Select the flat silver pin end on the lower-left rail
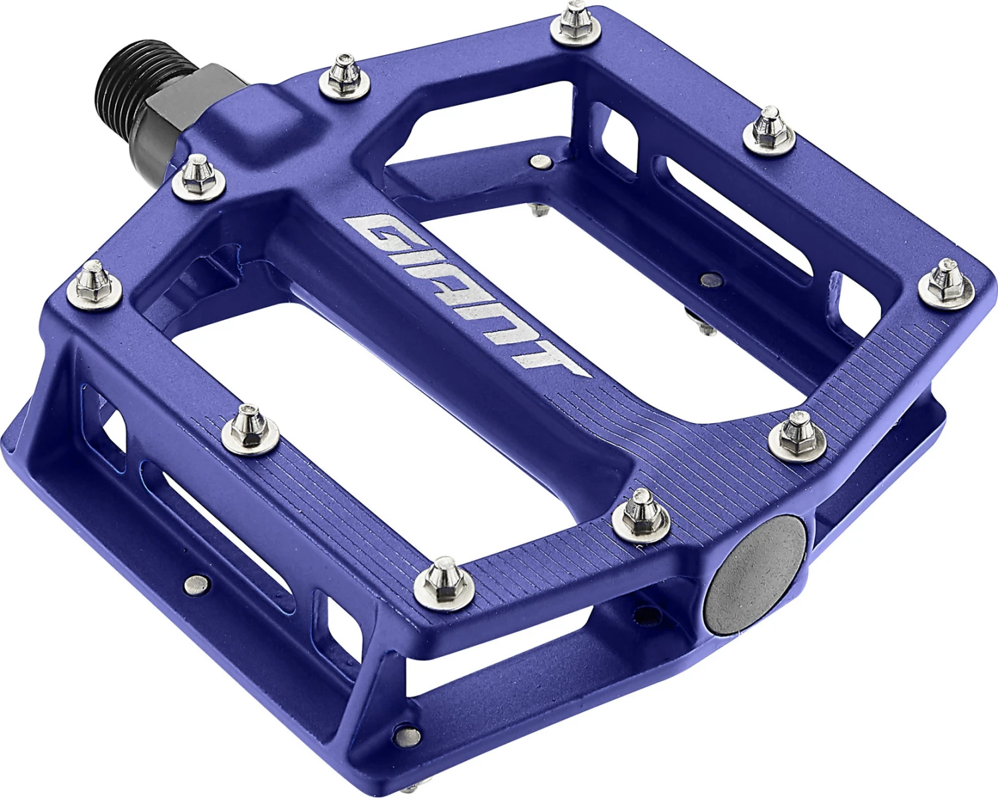(195, 584)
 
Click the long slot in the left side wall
(213, 532)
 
